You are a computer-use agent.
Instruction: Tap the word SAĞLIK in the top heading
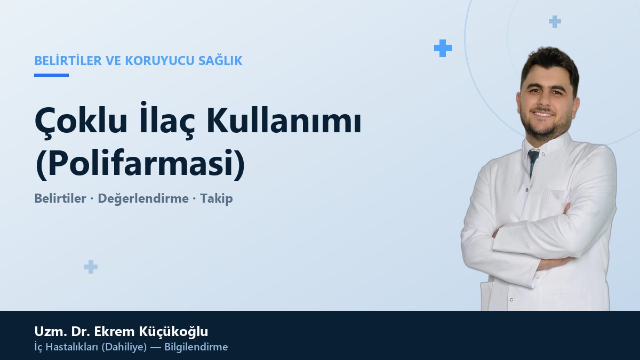[x=220, y=60]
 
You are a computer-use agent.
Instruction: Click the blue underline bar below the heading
[x=51, y=75]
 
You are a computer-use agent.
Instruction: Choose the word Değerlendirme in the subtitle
[x=143, y=198]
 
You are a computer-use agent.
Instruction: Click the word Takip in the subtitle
[x=217, y=198]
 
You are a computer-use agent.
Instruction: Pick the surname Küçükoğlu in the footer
[x=173, y=332]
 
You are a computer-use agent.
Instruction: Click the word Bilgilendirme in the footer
[x=196, y=347]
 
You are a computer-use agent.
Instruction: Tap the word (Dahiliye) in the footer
[x=124, y=347]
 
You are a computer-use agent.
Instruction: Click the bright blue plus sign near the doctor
[x=443, y=49]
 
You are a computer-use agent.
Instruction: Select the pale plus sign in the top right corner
[x=555, y=21]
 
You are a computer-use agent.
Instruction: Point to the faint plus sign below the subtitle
[x=91, y=267]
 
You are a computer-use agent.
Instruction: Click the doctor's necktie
[x=533, y=162]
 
